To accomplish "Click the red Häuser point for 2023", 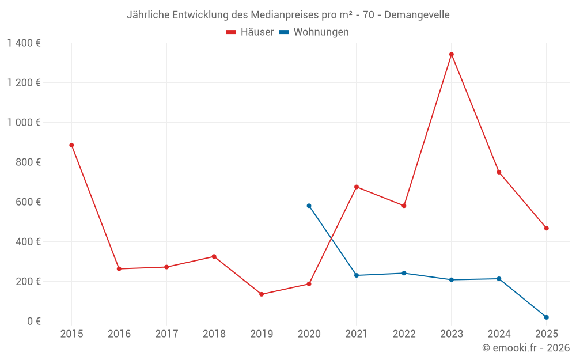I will [452, 55].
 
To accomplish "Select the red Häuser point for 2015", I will [71, 145].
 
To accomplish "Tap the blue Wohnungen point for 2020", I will [309, 206].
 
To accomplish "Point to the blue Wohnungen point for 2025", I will [546, 317].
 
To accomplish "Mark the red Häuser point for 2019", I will [262, 294].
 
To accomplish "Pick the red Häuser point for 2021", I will [357, 187].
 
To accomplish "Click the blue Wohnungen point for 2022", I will [404, 273].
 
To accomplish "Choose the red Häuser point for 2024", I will [499, 172].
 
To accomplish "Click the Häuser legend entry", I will [250, 32].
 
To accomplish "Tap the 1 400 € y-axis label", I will [24, 43].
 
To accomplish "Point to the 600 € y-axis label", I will [29, 202].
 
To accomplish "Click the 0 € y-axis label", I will [33, 321].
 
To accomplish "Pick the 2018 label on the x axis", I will [214, 334].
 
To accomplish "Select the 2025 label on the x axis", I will [546, 334].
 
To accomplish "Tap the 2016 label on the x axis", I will [119, 334].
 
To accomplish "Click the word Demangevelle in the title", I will [416, 15].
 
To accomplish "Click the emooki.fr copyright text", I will [526, 348].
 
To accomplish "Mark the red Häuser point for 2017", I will [166, 267].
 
